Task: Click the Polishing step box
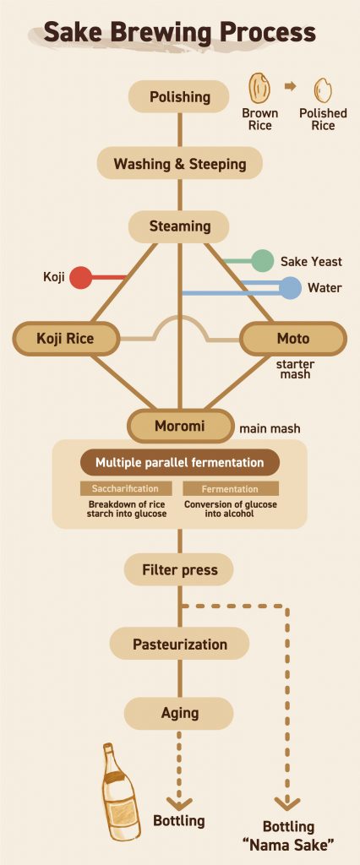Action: tap(179, 96)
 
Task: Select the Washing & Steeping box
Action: tap(179, 163)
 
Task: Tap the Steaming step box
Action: tap(179, 226)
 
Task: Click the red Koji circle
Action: tap(80, 277)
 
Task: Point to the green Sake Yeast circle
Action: tap(262, 261)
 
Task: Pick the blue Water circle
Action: tap(290, 288)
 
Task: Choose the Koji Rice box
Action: tap(65, 339)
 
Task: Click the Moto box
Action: tap(292, 339)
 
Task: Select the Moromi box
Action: tap(179, 426)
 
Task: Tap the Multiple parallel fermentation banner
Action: tap(179, 463)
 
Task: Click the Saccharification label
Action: tap(125, 489)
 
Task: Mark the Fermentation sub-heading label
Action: tap(230, 489)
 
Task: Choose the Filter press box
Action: tap(179, 570)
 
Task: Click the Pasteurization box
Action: tap(179, 645)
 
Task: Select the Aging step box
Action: tap(179, 714)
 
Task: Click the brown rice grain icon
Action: tap(259, 89)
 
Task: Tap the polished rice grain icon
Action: tap(321, 90)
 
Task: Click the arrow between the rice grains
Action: tap(290, 86)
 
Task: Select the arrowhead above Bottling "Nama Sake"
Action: tap(288, 802)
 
